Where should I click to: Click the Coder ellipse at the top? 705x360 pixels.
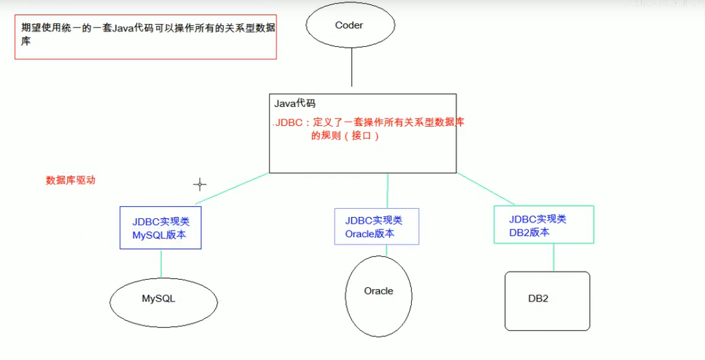(x=350, y=25)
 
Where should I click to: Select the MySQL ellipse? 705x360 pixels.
(x=158, y=299)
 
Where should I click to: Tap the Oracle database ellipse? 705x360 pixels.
(x=379, y=295)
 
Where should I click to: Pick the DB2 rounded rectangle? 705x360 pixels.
(x=547, y=301)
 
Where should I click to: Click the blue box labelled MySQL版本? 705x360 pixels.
(x=161, y=228)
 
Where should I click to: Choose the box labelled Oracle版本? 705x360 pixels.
(x=377, y=227)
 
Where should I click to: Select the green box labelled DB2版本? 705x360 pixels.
(x=543, y=225)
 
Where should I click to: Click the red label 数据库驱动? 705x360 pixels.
(x=71, y=180)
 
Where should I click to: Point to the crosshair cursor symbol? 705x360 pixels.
(x=200, y=185)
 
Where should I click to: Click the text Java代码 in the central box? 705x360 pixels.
(x=295, y=104)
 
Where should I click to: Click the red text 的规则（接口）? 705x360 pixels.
(x=345, y=136)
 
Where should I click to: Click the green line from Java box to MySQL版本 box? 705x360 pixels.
(x=231, y=189)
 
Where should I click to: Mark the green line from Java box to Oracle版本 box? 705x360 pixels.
(x=388, y=190)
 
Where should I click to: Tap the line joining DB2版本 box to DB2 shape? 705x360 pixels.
(x=554, y=258)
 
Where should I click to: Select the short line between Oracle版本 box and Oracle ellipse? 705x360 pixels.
(x=387, y=250)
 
